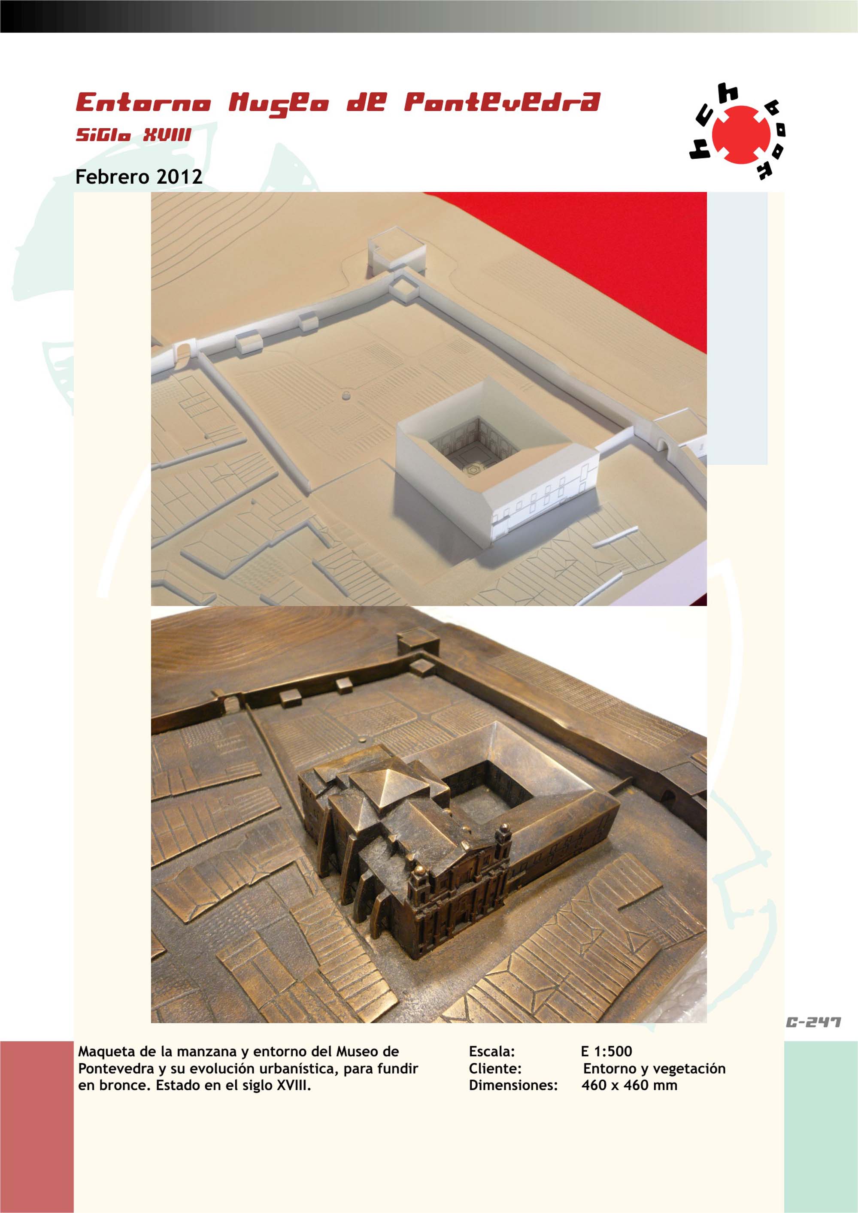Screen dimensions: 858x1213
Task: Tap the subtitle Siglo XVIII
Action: [x=133, y=135]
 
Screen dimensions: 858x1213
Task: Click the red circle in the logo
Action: [x=741, y=135]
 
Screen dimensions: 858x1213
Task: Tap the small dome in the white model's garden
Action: [x=346, y=396]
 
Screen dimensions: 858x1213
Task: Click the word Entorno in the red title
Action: [x=143, y=103]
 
